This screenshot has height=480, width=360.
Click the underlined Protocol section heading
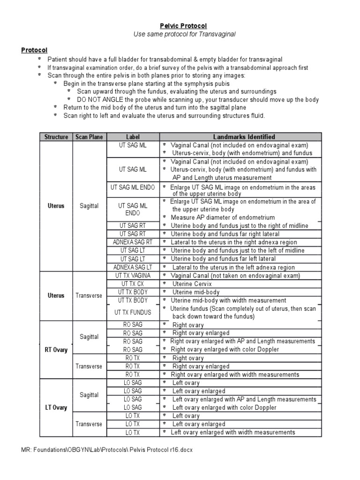pos(34,50)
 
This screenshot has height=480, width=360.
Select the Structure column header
pos(56,137)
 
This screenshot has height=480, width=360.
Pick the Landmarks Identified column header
pos(244,137)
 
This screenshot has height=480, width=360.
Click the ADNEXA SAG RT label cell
pos(133,242)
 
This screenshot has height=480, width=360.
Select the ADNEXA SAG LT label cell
pos(133,267)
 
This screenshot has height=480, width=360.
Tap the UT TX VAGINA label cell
pos(133,276)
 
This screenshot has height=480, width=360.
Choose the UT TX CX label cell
pos(133,284)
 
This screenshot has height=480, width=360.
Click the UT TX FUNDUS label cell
pos(133,312)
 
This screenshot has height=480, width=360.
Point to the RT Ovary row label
pos(56,350)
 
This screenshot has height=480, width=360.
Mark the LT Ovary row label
pos(56,407)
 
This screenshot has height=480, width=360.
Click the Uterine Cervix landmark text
pos(192,284)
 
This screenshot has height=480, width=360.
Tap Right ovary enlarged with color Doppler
pos(225,350)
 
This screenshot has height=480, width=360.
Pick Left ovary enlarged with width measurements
pos(233,432)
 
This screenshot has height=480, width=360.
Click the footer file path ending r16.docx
pos(107,450)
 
